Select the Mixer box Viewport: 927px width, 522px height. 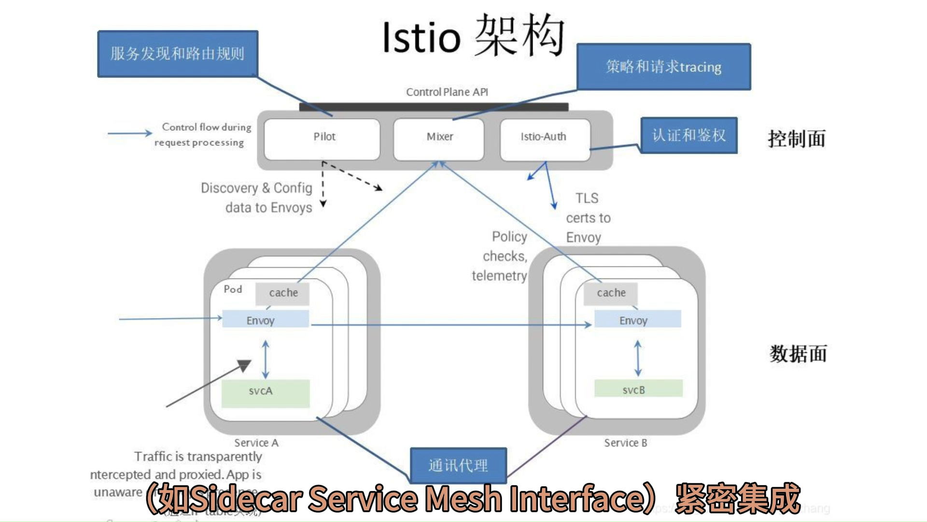[x=439, y=139]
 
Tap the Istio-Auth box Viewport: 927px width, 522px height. [x=545, y=139]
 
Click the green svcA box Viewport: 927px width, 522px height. [x=265, y=393]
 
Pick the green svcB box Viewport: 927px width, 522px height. [x=638, y=389]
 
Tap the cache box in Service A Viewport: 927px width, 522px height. [x=282, y=293]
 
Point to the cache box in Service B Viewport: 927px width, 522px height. [x=610, y=293]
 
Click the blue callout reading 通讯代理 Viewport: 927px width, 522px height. [x=458, y=465]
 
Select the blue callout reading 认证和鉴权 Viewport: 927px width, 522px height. [x=689, y=135]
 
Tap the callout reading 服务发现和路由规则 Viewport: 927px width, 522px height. [x=178, y=54]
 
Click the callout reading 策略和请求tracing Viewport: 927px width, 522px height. [x=663, y=67]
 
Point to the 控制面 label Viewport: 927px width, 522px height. [x=797, y=139]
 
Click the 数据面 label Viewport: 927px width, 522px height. [x=798, y=354]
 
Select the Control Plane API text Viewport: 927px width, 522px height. [x=447, y=92]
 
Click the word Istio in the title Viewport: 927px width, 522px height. [x=421, y=38]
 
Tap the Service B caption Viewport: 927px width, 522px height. [x=625, y=443]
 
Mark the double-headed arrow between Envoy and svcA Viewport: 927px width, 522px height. [x=265, y=359]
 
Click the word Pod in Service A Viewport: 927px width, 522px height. [x=233, y=289]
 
